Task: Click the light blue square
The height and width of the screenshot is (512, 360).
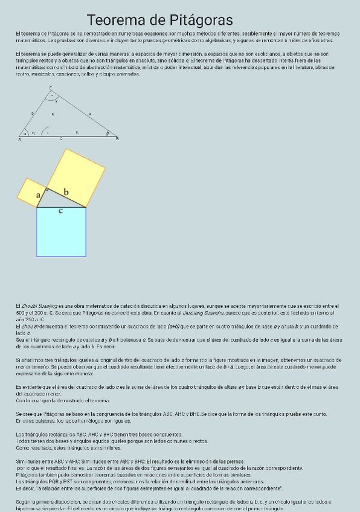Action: click(61, 232)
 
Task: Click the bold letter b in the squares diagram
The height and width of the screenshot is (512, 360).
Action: click(66, 192)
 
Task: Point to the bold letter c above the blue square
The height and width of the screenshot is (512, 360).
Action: click(60, 211)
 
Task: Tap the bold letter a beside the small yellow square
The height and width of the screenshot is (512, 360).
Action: click(39, 195)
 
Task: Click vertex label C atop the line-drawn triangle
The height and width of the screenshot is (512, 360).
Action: click(50, 88)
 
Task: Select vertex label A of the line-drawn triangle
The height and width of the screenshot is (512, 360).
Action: click(20, 139)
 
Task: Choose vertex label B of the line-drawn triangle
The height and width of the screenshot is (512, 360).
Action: click(117, 139)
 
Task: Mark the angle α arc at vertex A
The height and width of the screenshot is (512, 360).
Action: click(25, 133)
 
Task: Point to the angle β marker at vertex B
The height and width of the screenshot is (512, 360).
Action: click(108, 133)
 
